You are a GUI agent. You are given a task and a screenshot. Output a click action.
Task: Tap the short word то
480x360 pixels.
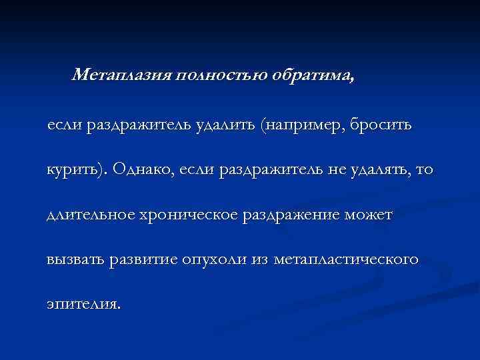click(x=423, y=170)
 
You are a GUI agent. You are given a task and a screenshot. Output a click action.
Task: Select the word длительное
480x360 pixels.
click(x=91, y=215)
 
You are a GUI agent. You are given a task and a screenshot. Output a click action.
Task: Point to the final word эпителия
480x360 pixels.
click(x=84, y=305)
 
